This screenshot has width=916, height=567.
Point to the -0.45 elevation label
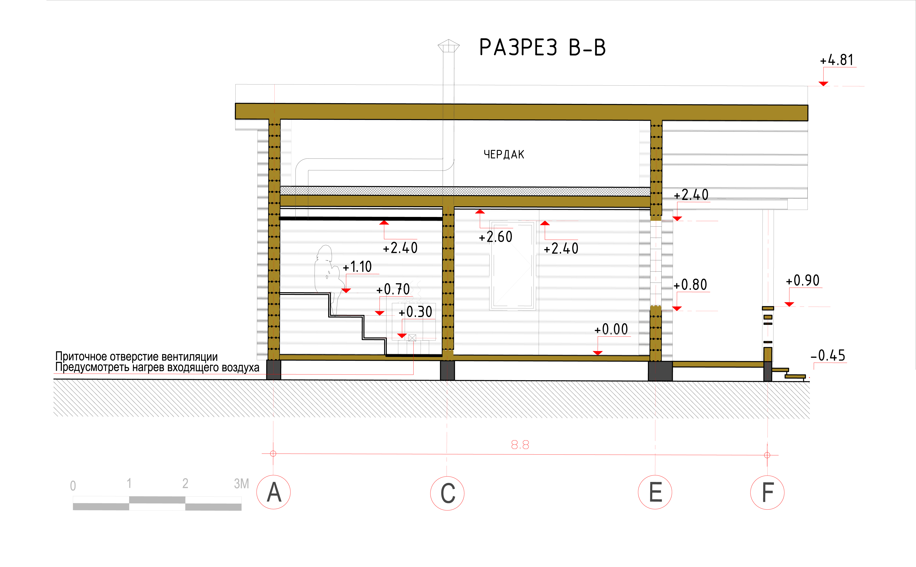pyautogui.click(x=828, y=355)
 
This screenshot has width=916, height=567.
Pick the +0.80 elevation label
pyautogui.click(x=690, y=285)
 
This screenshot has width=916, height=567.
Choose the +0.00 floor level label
pyautogui.click(x=611, y=329)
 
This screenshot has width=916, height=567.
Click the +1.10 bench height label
pyautogui.click(x=357, y=267)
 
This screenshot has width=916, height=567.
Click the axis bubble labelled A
pyautogui.click(x=274, y=492)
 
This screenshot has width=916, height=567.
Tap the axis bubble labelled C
pyautogui.click(x=447, y=493)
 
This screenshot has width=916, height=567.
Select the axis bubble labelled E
pyautogui.click(x=655, y=492)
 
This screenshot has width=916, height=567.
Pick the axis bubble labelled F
pyautogui.click(x=767, y=492)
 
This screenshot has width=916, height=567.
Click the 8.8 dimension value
pyautogui.click(x=520, y=445)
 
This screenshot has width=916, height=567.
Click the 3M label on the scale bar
pyautogui.click(x=241, y=484)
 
